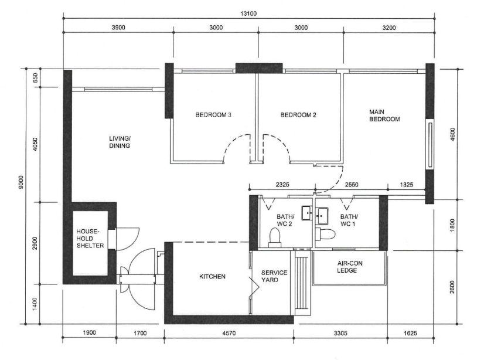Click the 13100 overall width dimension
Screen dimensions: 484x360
248,13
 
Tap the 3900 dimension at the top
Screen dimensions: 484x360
118,28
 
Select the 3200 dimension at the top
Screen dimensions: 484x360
389,28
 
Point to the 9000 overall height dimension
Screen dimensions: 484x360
21,182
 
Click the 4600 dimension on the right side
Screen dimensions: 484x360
452,134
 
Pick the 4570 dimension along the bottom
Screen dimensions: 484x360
229,333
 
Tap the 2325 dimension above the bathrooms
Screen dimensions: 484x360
282,185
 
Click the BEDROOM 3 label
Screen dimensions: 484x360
214,115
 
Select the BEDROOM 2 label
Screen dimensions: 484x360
298,115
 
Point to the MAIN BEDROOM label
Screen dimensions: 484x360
384,115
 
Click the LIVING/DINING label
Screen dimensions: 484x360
120,142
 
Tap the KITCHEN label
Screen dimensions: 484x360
212,276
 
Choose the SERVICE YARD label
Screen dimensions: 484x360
274,276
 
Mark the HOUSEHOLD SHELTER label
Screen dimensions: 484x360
90,239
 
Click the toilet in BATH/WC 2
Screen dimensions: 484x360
275,237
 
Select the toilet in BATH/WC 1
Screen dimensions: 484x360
326,234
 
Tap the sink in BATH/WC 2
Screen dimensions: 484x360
307,213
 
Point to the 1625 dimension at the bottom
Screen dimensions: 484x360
410,333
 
